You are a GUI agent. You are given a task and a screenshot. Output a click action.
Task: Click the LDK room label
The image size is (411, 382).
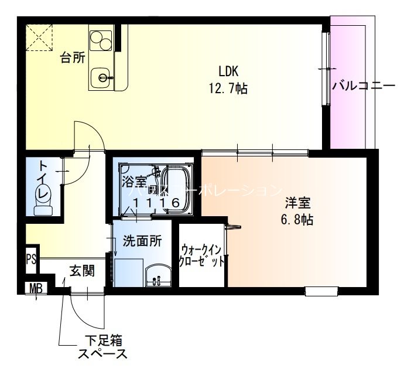click(228, 71)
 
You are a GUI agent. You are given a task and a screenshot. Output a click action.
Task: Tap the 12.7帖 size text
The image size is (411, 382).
click(228, 89)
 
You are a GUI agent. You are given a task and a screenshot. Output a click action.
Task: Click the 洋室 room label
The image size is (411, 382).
click(298, 204)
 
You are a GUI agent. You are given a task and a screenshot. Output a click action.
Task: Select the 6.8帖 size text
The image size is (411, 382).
click(298, 221)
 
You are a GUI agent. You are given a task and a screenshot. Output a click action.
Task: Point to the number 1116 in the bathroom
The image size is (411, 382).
click(155, 203)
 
